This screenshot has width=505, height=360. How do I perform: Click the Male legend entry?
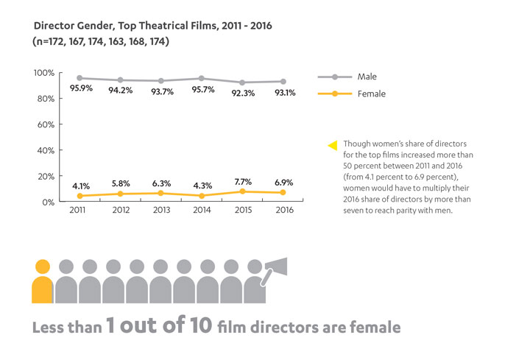(x=366, y=77)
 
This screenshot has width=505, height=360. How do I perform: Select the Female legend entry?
(x=370, y=94)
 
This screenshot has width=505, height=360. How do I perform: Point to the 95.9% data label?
(x=80, y=89)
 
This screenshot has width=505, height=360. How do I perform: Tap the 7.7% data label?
(x=244, y=181)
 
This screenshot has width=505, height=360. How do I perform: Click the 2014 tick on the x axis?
(x=202, y=210)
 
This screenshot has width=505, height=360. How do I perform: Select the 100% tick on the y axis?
(x=44, y=73)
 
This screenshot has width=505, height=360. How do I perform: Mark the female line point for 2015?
(x=244, y=191)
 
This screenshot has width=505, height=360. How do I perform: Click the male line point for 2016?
(x=285, y=82)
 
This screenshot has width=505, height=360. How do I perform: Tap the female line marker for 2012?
(x=121, y=194)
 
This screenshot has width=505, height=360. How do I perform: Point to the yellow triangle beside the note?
(x=333, y=144)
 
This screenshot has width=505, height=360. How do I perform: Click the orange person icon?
(x=43, y=281)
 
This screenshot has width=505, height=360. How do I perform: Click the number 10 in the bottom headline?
(x=213, y=325)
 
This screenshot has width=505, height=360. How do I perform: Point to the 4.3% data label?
(x=203, y=185)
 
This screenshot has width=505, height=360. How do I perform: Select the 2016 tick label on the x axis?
(x=284, y=210)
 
